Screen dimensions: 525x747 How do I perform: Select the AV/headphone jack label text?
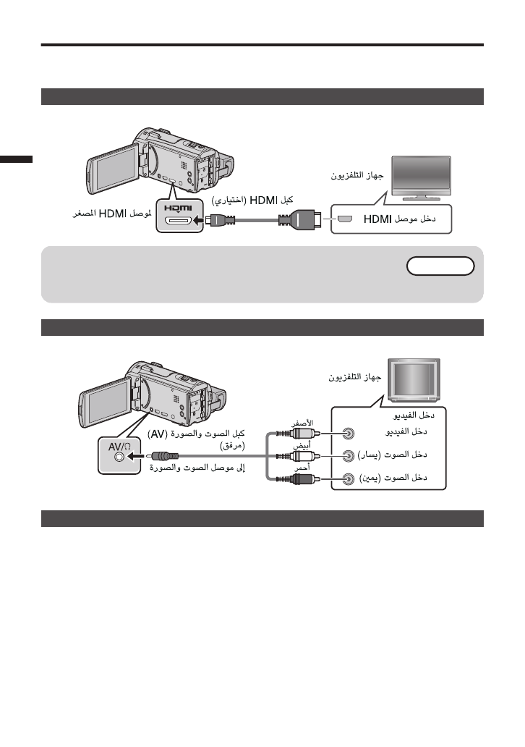tap(119, 449)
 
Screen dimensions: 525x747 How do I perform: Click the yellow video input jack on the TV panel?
tap(349, 434)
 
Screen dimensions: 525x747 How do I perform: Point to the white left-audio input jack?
tap(349, 456)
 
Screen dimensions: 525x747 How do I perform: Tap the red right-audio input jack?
tap(349, 479)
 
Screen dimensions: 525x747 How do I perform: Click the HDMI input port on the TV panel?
tap(345, 218)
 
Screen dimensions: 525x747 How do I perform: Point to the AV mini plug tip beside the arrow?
tap(166, 457)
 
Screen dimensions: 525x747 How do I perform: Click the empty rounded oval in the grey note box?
tap(440, 266)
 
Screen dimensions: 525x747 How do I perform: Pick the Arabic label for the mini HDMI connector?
tap(111, 214)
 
